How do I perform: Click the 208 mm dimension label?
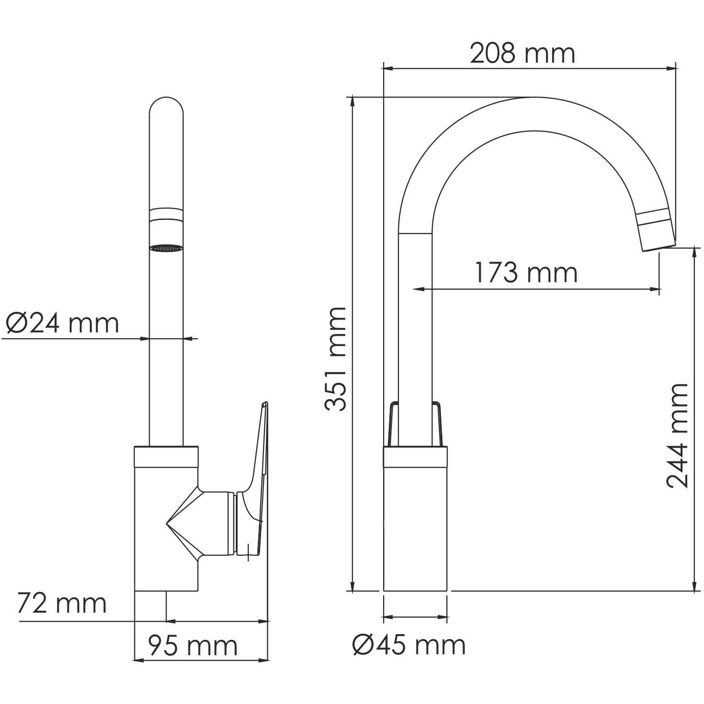pyautogui.click(x=522, y=53)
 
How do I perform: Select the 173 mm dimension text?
pyautogui.click(x=526, y=273)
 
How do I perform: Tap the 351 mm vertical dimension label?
pyautogui.click(x=335, y=359)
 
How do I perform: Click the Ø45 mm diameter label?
pyautogui.click(x=409, y=645)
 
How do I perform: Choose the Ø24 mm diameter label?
pyautogui.click(x=62, y=323)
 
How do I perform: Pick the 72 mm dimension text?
pyautogui.click(x=62, y=603)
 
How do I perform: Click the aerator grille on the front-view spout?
pyautogui.click(x=166, y=248)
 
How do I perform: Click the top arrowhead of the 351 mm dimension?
pyautogui.click(x=353, y=101)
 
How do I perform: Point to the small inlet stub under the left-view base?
pyautogui.click(x=150, y=605)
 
